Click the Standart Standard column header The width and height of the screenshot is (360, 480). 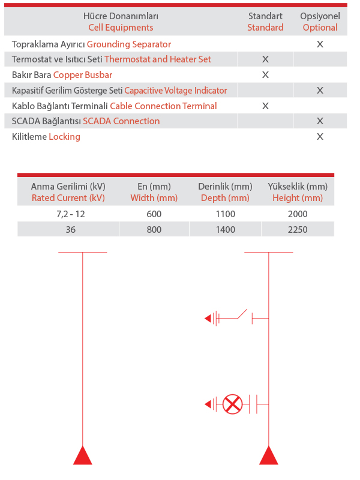[265, 22]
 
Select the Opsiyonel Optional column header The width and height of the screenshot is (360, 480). [320, 22]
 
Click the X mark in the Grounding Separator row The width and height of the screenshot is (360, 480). [320, 44]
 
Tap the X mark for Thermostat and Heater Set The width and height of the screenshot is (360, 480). [265, 59]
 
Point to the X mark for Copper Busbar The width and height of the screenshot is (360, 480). [265, 75]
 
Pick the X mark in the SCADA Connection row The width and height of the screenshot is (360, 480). [320, 121]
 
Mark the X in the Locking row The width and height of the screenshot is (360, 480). [320, 137]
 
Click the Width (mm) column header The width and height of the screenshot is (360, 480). [154, 192]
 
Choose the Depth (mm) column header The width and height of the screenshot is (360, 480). [225, 192]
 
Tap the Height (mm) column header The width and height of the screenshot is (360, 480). [298, 192]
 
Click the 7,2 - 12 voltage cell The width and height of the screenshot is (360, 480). [68, 214]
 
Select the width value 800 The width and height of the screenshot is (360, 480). [154, 229]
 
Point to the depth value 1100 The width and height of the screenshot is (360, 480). [225, 214]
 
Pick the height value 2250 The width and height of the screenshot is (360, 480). [298, 229]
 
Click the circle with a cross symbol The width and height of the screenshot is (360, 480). [232, 404]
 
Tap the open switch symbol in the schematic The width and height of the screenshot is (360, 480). [241, 315]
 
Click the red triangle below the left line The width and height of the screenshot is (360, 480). [82, 456]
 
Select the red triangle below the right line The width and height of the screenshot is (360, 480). [268, 456]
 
